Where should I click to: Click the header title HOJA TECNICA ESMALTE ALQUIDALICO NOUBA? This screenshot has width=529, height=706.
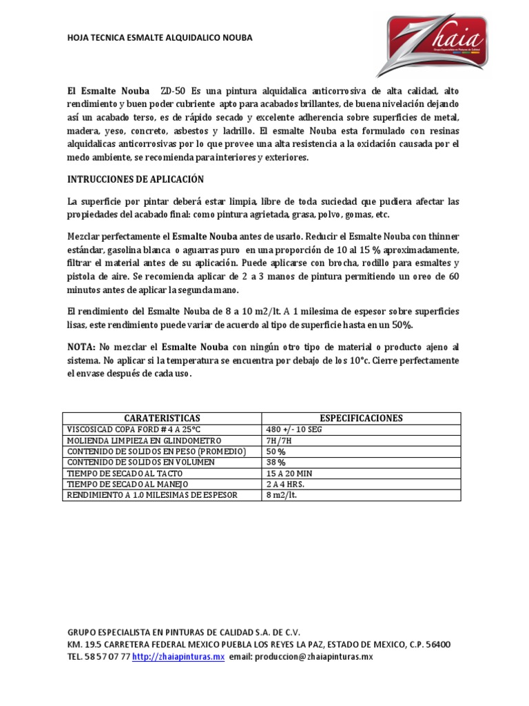point(159,38)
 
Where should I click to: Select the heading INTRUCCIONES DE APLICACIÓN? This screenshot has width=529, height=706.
point(136,179)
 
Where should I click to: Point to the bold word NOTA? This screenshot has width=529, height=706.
point(81,346)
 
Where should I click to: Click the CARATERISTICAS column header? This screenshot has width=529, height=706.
point(162,418)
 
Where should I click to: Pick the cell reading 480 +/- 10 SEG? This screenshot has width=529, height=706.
point(294,430)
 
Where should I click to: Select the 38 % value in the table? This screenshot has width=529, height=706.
point(276,463)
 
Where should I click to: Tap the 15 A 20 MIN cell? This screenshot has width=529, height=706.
point(290,474)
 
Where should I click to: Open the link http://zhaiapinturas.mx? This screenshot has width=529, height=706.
point(178,657)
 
